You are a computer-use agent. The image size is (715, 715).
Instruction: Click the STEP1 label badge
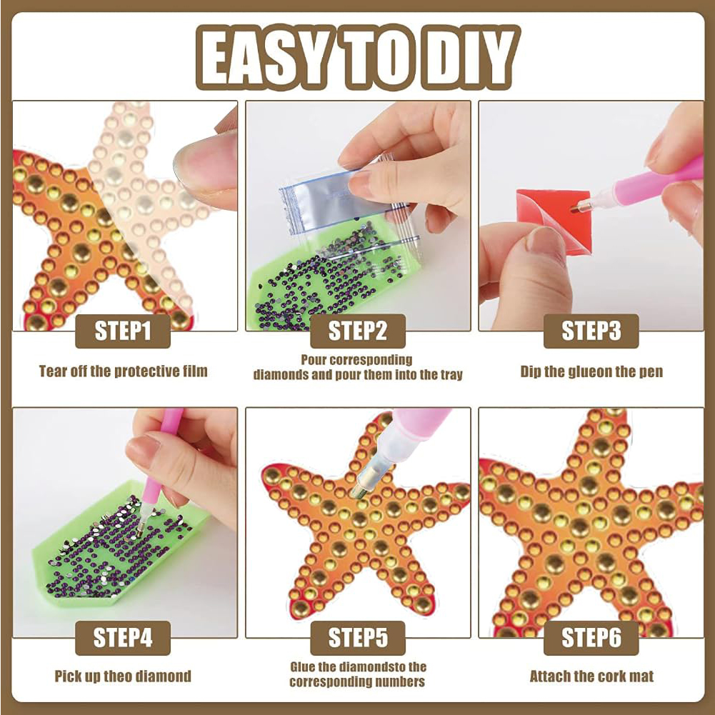[x=123, y=331]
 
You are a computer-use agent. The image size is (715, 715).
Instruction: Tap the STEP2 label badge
[x=357, y=331]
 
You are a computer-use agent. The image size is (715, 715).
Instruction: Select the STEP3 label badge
[x=591, y=331]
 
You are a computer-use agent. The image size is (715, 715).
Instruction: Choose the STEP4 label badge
[x=123, y=638]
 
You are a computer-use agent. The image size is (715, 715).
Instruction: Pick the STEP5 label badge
[x=357, y=638]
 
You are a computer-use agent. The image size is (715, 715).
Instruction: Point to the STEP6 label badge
[x=591, y=638]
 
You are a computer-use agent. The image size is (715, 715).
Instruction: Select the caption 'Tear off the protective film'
[x=123, y=371]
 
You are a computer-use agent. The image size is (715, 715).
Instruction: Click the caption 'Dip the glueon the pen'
[x=591, y=371]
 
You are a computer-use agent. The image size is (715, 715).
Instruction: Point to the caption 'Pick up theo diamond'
[x=123, y=676]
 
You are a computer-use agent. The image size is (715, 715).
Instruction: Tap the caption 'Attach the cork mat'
[x=591, y=676]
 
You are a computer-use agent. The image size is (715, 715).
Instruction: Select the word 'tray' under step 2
[x=451, y=375]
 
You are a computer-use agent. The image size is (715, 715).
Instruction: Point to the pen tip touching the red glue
[x=578, y=206]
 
